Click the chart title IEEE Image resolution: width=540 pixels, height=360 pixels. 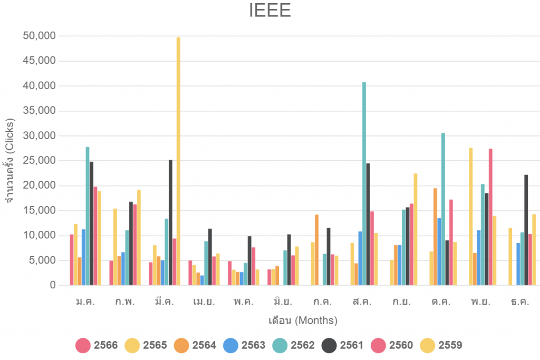[270, 11]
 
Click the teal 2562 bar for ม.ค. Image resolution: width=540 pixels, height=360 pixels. [88, 216]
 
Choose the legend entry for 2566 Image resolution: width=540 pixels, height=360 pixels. [97, 346]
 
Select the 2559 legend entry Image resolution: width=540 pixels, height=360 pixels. [441, 346]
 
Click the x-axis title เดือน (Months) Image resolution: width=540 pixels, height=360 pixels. [303, 320]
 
